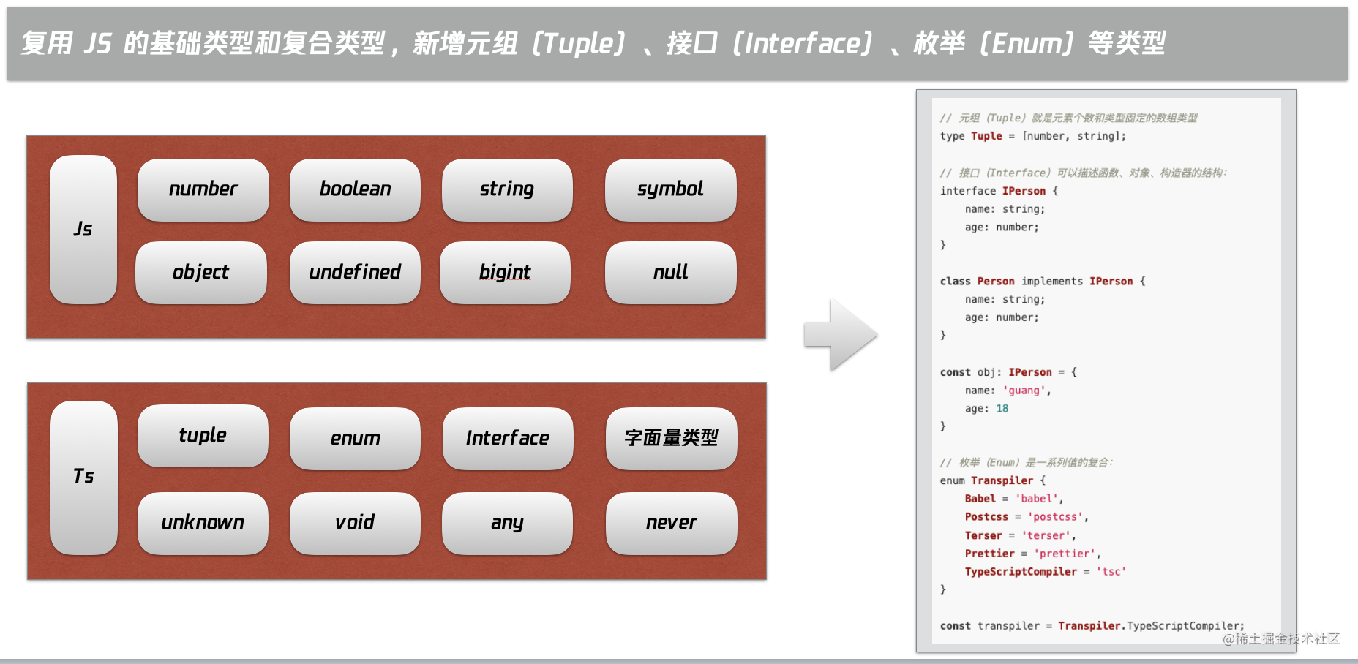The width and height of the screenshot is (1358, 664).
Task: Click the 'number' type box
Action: [x=203, y=189]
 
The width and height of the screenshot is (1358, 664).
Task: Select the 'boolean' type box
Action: [x=355, y=189]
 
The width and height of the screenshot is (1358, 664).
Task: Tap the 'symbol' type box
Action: [x=670, y=189]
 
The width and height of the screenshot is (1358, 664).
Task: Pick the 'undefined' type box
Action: [x=355, y=272]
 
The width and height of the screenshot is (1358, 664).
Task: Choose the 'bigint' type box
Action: [x=505, y=272]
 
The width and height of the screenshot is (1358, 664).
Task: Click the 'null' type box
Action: [x=670, y=272]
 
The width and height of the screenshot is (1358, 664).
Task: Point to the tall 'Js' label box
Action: [x=83, y=229]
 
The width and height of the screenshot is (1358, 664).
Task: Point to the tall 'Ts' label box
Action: [x=84, y=477]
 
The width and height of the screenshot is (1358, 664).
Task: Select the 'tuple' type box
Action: [x=203, y=436]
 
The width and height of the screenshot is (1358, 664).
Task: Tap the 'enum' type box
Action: [x=355, y=439]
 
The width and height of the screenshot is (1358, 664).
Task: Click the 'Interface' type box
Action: [x=508, y=439]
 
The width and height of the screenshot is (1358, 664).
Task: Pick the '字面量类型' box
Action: [x=671, y=439]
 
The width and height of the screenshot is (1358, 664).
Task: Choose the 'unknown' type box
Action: [x=203, y=523]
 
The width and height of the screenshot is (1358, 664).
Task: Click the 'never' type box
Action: [x=671, y=523]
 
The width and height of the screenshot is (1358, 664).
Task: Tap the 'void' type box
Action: [x=355, y=523]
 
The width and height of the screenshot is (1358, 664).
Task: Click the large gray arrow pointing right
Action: [x=841, y=334]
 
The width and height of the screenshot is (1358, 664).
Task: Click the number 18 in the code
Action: [x=1002, y=409]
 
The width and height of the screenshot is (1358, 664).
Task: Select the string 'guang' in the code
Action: [x=1024, y=391]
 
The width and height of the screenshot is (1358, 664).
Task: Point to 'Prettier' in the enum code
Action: [x=989, y=554]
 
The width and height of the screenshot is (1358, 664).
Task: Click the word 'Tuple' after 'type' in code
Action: [x=986, y=136]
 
